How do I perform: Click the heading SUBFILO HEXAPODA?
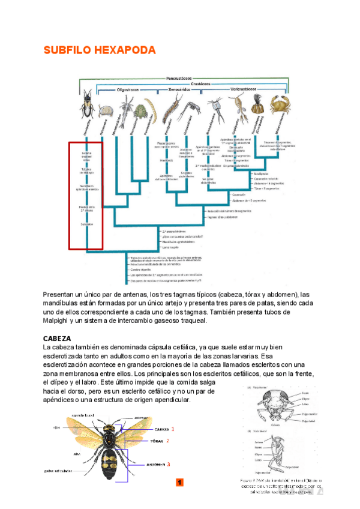pyautogui.click(x=99, y=50)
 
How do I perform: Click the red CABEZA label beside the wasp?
pyautogui.click(x=161, y=430)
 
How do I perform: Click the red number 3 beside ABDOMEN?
pyautogui.click(x=169, y=464)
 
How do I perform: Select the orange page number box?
pyautogui.click(x=179, y=483)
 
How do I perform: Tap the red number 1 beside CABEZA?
pyautogui.click(x=173, y=430)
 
